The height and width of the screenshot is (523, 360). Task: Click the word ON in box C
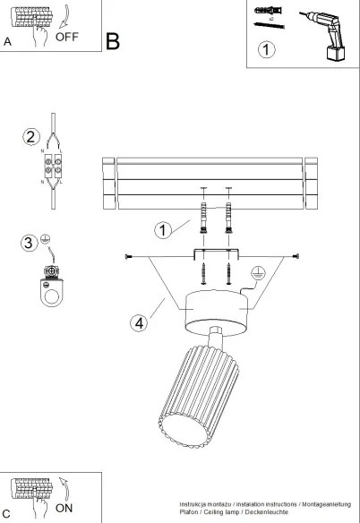click(64, 507)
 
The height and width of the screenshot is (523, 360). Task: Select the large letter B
click(113, 41)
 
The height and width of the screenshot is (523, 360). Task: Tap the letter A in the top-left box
click(8, 42)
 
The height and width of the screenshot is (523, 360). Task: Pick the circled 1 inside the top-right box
click(266, 50)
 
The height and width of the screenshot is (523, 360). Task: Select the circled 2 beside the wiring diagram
click(31, 137)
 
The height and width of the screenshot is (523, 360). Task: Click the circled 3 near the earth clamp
click(29, 243)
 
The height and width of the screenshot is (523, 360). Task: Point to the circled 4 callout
click(137, 323)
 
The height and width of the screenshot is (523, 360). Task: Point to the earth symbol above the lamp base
click(256, 274)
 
